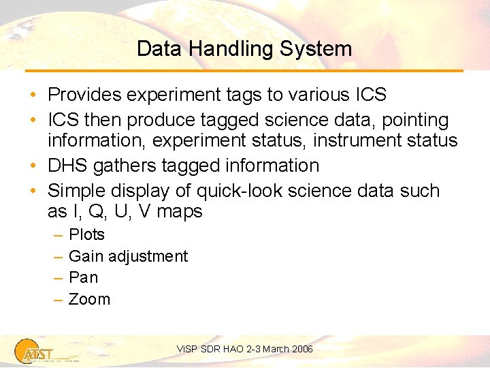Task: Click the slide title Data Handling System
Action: (244, 49)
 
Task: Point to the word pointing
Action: (414, 121)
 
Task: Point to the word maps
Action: (180, 212)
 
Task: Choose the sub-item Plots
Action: (87, 234)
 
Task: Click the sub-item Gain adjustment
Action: (129, 256)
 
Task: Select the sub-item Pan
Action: (84, 277)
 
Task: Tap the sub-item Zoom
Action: (90, 299)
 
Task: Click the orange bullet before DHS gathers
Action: (34, 166)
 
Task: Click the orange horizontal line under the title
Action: (244, 70)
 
